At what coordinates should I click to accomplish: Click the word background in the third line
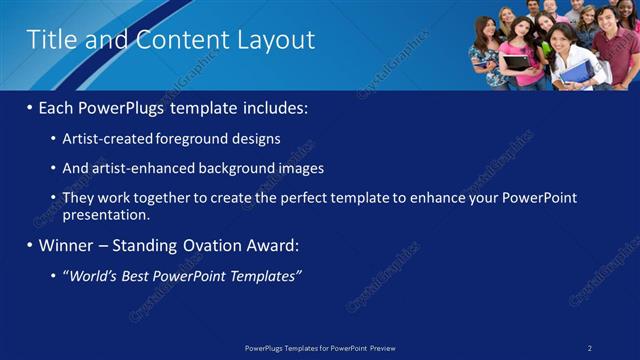[240, 168]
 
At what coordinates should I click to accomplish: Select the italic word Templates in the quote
[266, 275]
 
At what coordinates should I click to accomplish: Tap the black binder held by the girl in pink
[516, 63]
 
